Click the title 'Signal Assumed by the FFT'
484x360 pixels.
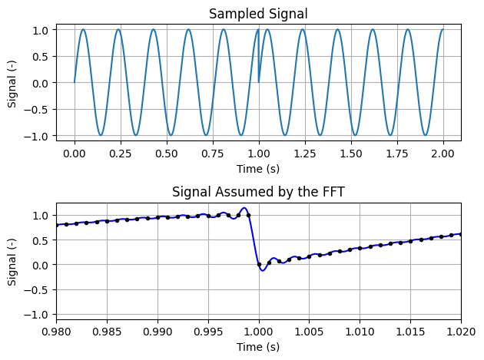(x=259, y=192)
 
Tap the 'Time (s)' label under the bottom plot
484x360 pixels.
(x=259, y=347)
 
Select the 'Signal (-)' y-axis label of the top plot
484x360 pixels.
(x=12, y=82)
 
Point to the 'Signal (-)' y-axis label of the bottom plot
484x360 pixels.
(x=12, y=261)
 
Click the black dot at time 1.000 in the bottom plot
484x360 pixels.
(x=259, y=265)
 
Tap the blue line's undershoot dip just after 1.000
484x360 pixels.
(x=262, y=270)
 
